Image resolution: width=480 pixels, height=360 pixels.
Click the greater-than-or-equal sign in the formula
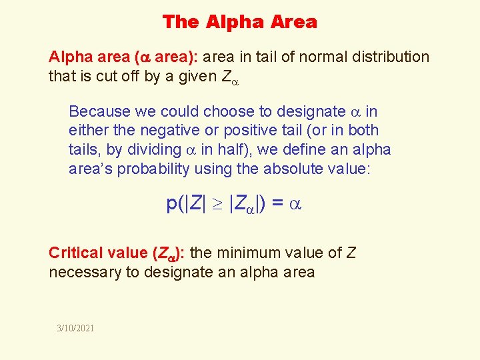click(217, 204)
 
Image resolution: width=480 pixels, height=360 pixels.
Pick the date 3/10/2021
click(75, 328)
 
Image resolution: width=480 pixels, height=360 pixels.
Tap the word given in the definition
click(193, 77)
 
